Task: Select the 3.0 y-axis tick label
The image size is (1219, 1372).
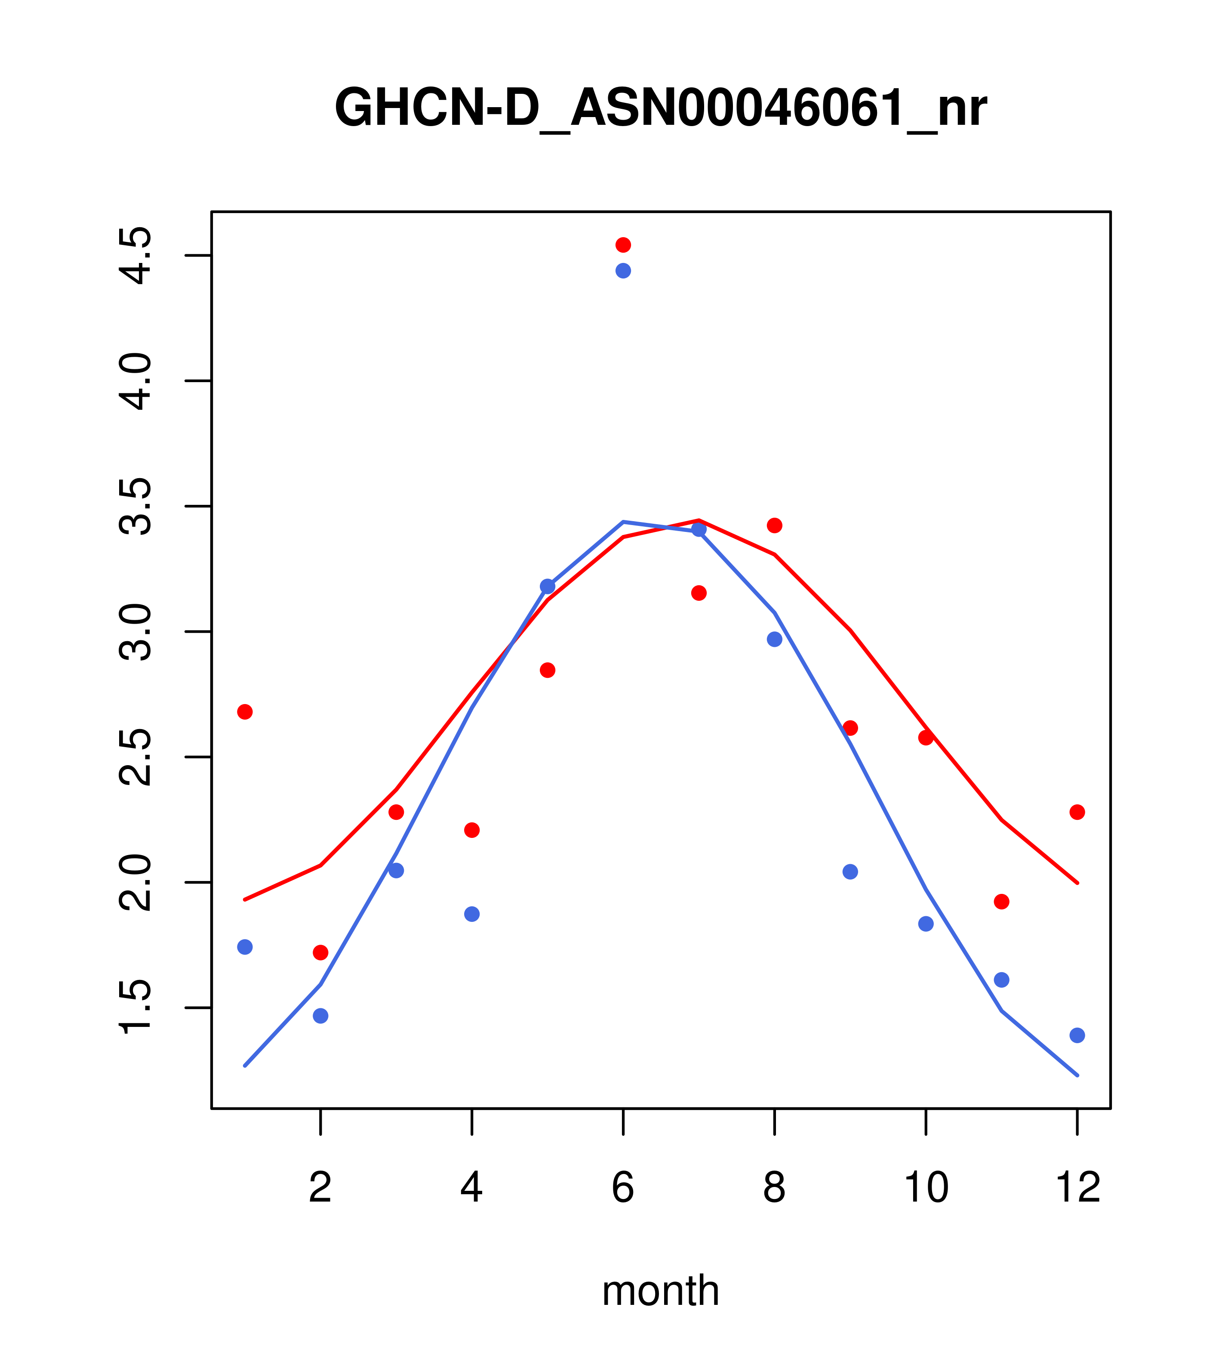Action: coord(134,632)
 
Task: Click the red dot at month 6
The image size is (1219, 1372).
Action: coord(623,244)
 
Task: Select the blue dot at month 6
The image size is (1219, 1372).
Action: coord(623,271)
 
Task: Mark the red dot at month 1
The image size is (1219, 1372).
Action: coord(245,711)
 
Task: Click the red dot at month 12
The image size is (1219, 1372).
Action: coord(1077,812)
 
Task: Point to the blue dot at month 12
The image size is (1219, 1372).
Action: coord(1077,1035)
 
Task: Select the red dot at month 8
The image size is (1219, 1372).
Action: coord(775,525)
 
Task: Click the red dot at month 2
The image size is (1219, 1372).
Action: coord(321,952)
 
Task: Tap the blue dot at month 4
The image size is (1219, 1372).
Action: coord(472,914)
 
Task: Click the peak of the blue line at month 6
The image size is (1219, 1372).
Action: coord(623,522)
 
